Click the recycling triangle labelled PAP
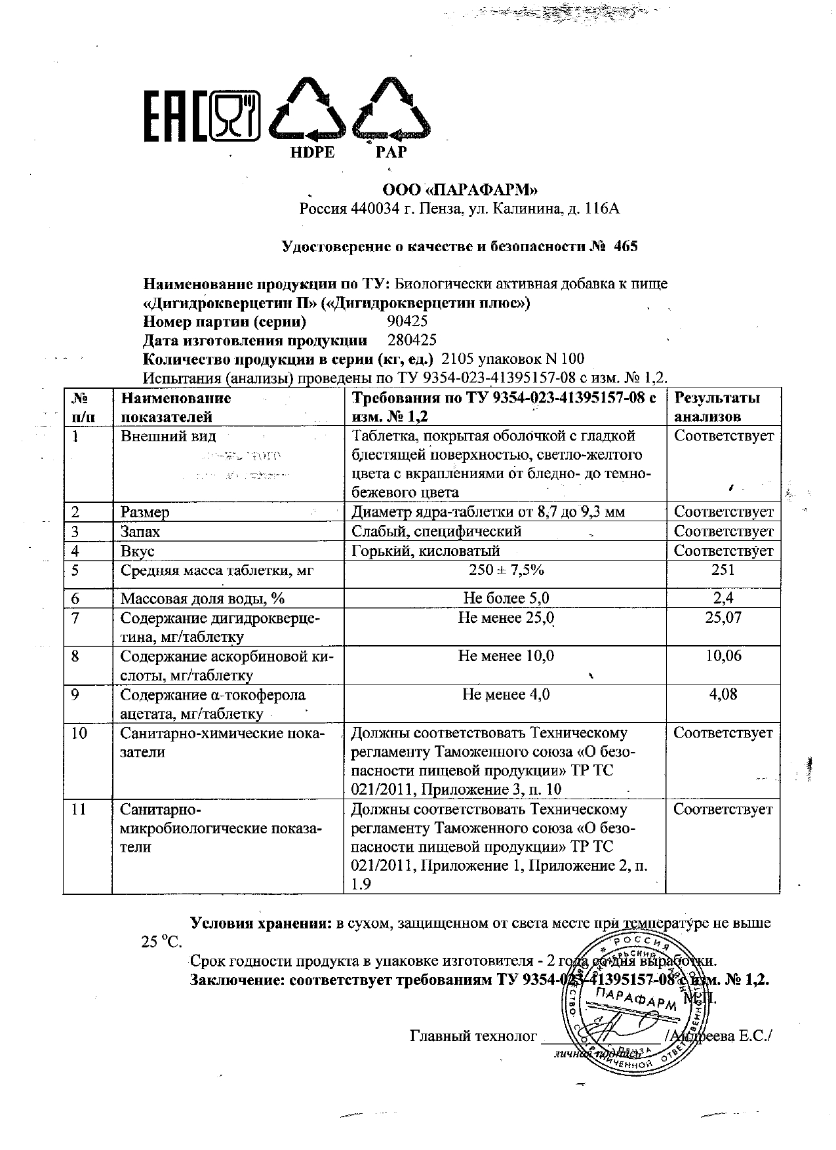391,111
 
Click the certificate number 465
626,247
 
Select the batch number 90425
407,321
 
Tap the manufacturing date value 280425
412,340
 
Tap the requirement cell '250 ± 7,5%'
506,570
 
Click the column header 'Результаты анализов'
717,406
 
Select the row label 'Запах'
140,532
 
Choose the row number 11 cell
79,810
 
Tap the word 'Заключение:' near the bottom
237,980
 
